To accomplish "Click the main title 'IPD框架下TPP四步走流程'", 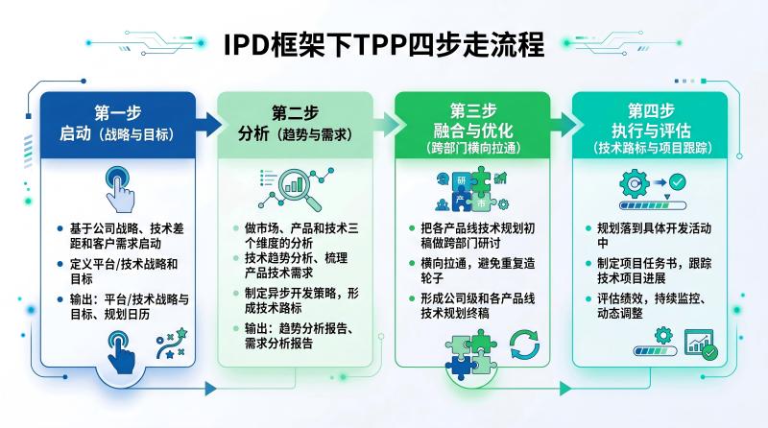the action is pyautogui.click(x=383, y=45).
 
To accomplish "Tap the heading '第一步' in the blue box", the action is pyautogui.click(x=118, y=113).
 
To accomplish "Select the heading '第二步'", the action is pyautogui.click(x=295, y=113).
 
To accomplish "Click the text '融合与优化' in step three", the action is pyautogui.click(x=473, y=131).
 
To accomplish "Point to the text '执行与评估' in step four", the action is pyautogui.click(x=651, y=131).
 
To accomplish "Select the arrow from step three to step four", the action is pyautogui.click(x=564, y=125).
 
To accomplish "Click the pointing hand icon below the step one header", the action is pyautogui.click(x=119, y=189).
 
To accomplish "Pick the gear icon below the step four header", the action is pyautogui.click(x=635, y=183).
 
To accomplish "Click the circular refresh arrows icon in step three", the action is pyautogui.click(x=524, y=345).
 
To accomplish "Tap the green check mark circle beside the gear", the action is pyautogui.click(x=678, y=182).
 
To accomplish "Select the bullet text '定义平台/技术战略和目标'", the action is pyautogui.click(x=124, y=272).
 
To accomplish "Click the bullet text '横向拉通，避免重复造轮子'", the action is pyautogui.click(x=477, y=271).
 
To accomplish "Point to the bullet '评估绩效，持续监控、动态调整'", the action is pyautogui.click(x=651, y=306).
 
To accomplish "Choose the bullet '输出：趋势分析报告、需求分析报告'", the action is pyautogui.click(x=299, y=336).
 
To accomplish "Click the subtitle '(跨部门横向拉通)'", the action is pyautogui.click(x=473, y=148).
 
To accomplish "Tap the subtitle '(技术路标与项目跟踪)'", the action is pyautogui.click(x=651, y=148).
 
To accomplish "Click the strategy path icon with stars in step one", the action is pyautogui.click(x=172, y=344).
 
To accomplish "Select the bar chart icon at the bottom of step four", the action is pyautogui.click(x=701, y=345).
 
